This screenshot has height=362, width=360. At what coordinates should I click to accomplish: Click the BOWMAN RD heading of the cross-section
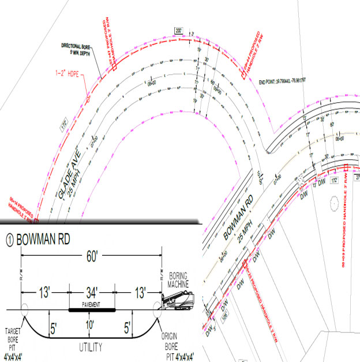click(x=43, y=238)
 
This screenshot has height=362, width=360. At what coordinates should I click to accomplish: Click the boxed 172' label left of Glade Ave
click(x=64, y=124)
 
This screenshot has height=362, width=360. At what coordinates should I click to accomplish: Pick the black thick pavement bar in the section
click(x=92, y=310)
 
